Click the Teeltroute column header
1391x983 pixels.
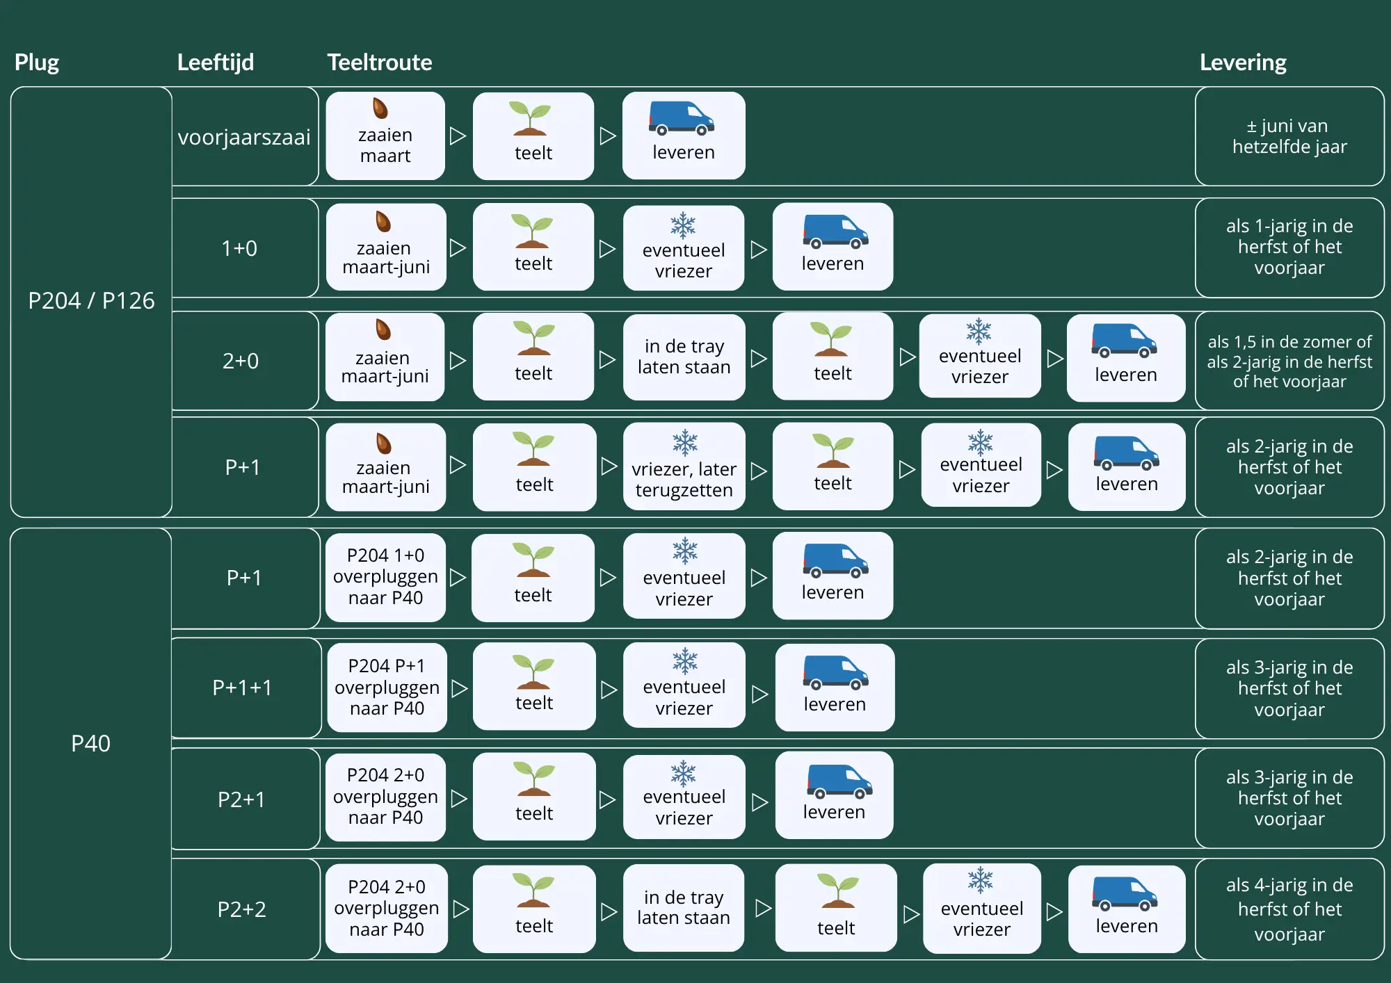click(380, 63)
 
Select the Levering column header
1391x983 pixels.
click(1243, 63)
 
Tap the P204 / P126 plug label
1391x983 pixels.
click(91, 300)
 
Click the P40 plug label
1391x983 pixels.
click(90, 743)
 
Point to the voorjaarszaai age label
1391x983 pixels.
click(244, 137)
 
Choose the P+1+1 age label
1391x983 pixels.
click(242, 688)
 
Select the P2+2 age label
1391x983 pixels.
click(242, 909)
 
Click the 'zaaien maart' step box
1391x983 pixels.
click(385, 136)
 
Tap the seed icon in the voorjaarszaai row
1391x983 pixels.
click(380, 108)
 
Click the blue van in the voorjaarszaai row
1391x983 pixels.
click(682, 118)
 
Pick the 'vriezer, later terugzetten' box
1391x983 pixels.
click(684, 466)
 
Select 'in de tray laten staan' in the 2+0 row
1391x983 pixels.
click(684, 357)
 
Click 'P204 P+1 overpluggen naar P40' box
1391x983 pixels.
click(387, 687)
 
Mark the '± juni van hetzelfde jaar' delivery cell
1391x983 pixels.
click(1289, 136)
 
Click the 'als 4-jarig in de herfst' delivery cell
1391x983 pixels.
click(1289, 909)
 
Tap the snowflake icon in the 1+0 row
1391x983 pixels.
click(683, 225)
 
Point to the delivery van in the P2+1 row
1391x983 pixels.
click(839, 782)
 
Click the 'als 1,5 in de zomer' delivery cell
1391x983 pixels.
click(1289, 361)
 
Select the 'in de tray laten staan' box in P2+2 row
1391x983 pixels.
click(684, 907)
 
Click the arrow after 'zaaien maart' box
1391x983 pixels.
click(458, 136)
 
